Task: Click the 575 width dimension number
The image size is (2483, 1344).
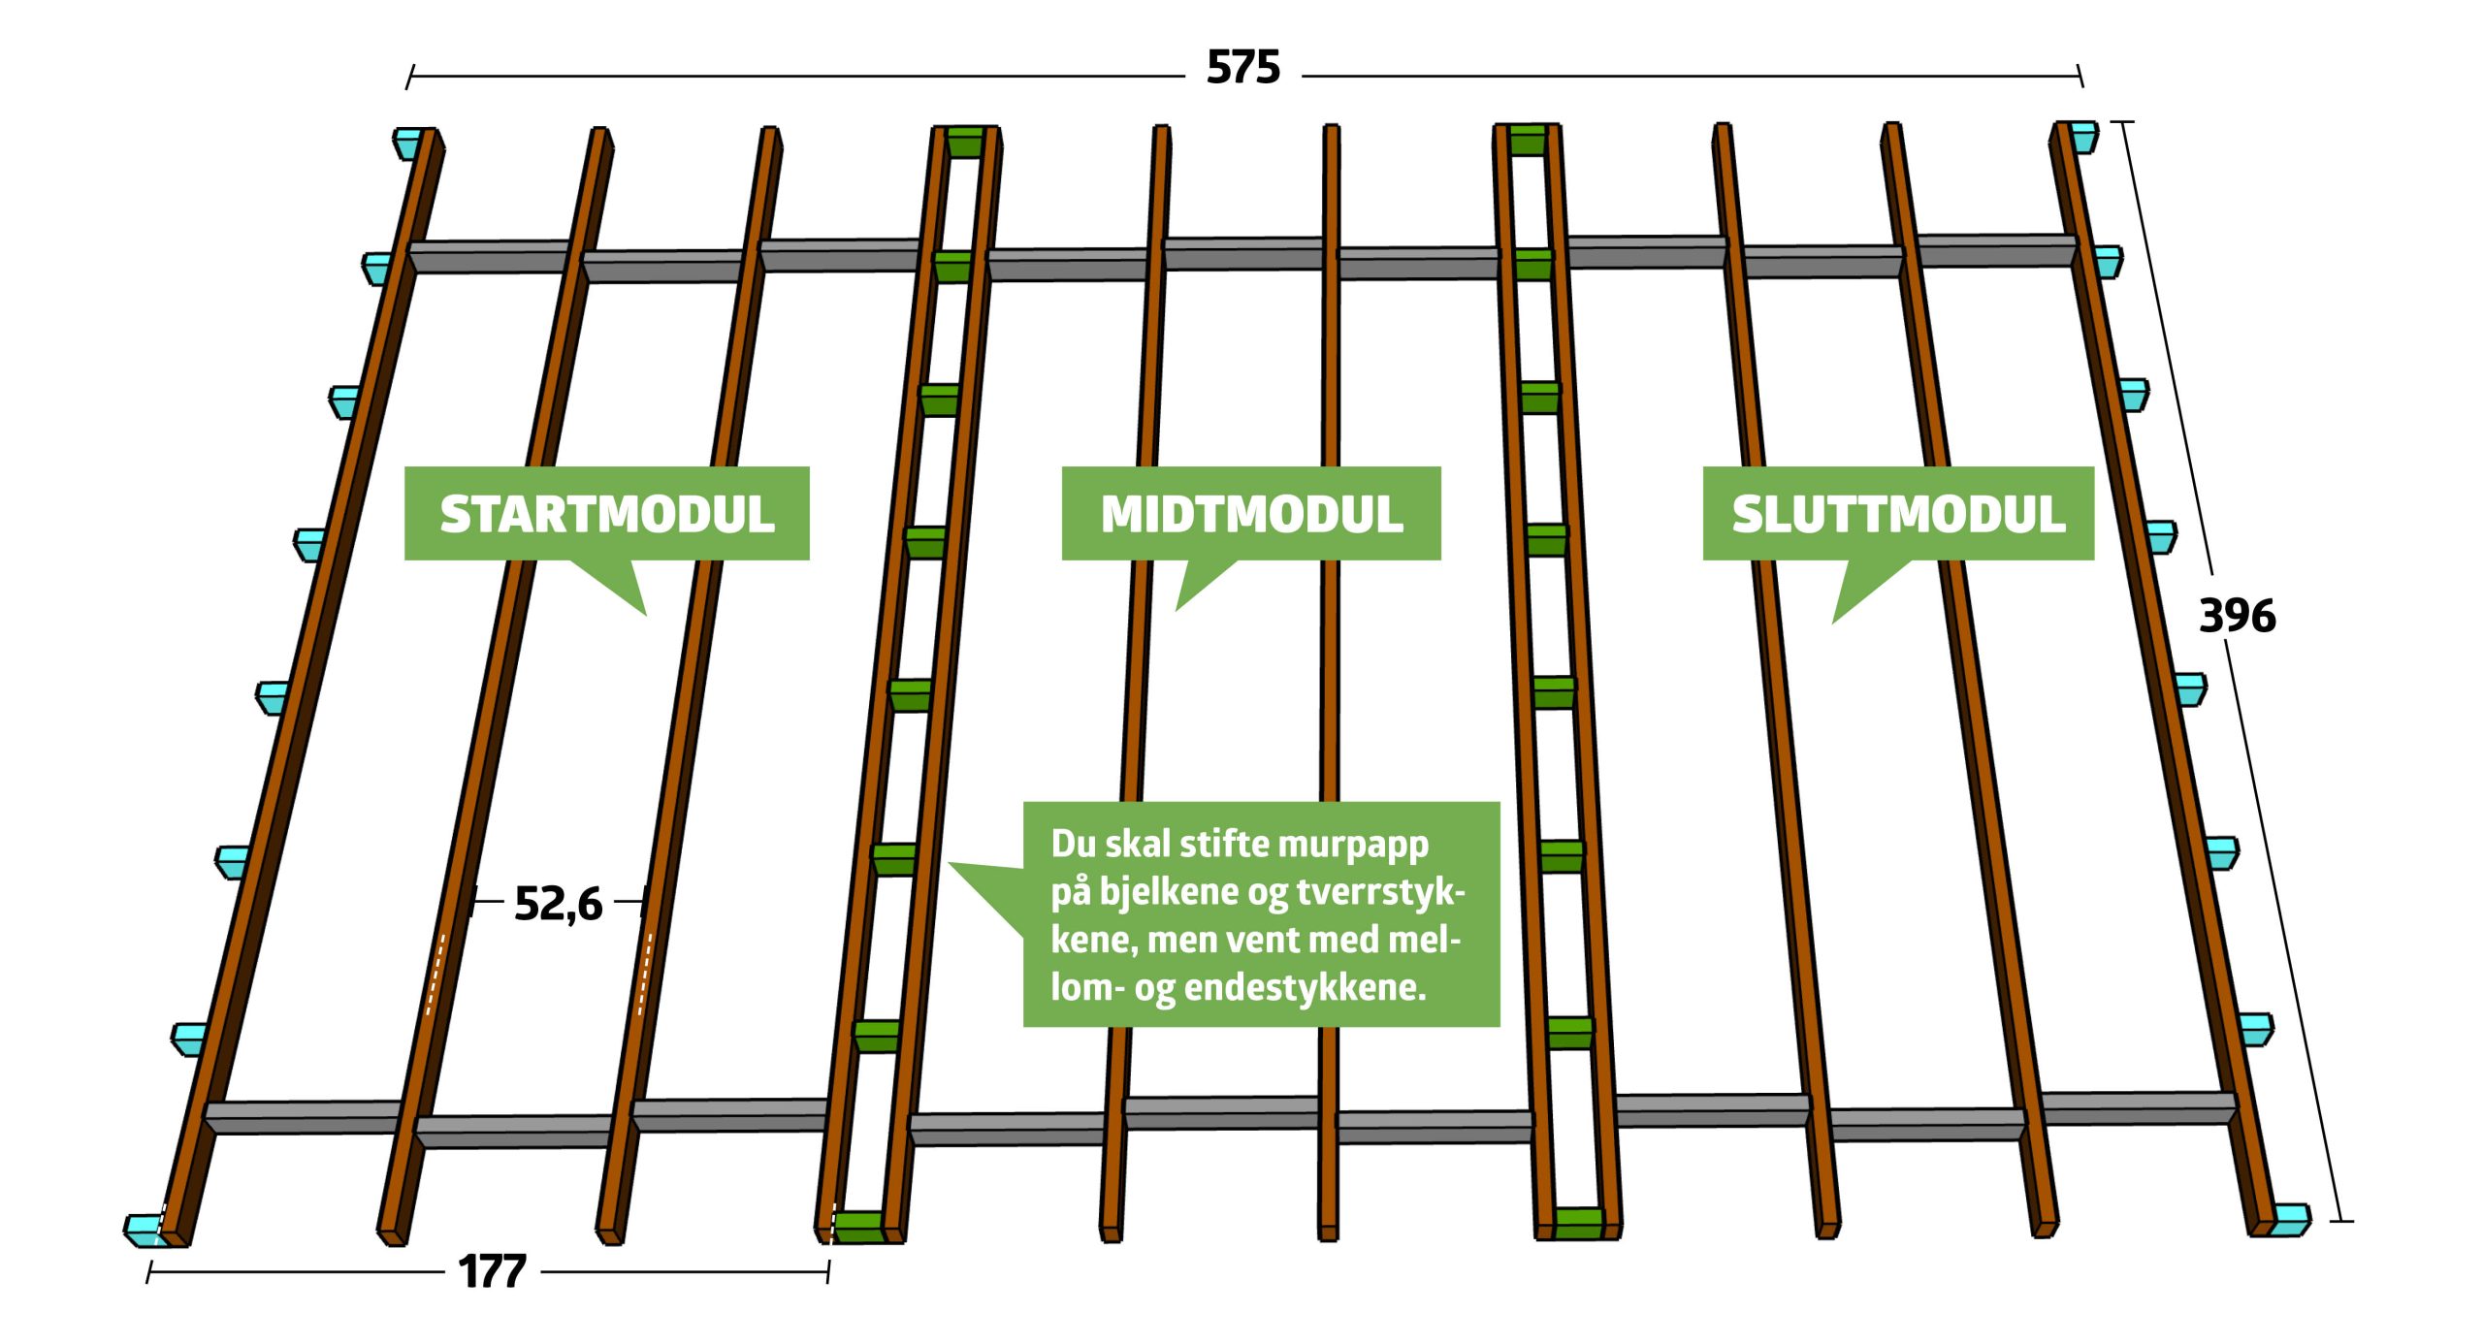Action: click(x=1242, y=68)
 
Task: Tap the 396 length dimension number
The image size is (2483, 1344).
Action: click(x=2237, y=616)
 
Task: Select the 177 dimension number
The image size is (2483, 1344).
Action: click(x=492, y=1271)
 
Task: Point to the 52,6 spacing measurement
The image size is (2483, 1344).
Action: click(x=558, y=904)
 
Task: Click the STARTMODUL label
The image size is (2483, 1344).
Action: click(x=607, y=514)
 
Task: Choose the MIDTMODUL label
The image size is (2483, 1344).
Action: click(x=1251, y=514)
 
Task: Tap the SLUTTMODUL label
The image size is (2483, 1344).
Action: click(x=1898, y=514)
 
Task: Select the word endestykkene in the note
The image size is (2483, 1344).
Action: click(x=1305, y=987)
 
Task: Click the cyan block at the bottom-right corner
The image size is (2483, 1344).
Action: click(x=2291, y=1218)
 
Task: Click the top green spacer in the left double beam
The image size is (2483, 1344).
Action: click(x=965, y=142)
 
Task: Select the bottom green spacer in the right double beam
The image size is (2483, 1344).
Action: click(x=1578, y=1223)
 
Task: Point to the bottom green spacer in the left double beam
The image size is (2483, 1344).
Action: click(x=858, y=1227)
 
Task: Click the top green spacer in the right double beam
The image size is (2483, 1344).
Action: click(x=1527, y=140)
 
